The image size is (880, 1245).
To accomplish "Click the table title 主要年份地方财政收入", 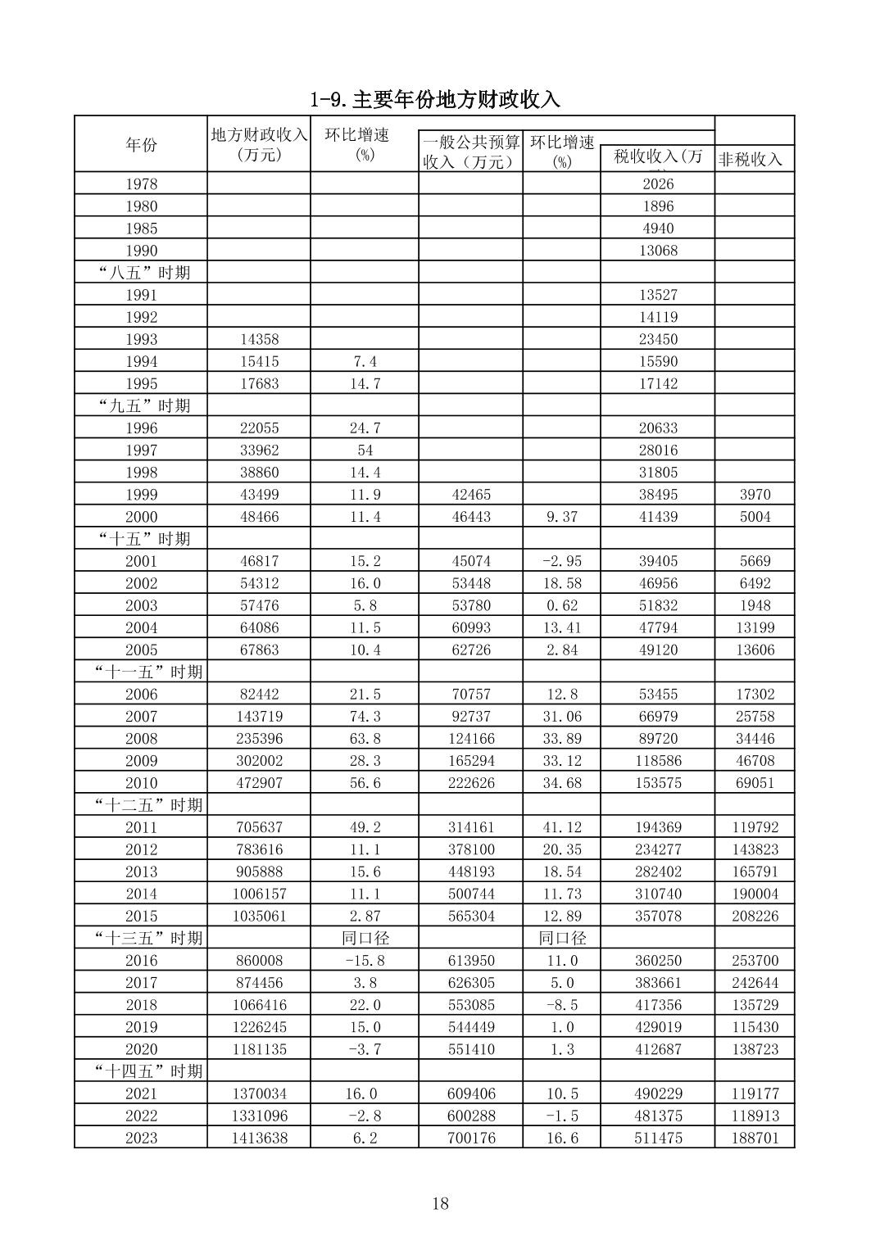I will pyautogui.click(x=435, y=99).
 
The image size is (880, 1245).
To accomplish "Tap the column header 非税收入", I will pyautogui.click(x=750, y=159).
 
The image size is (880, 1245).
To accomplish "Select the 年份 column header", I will pyautogui.click(x=141, y=145).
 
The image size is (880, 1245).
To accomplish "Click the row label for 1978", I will pyautogui.click(x=141, y=184).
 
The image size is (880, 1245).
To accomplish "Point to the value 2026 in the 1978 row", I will pyautogui.click(x=658, y=184).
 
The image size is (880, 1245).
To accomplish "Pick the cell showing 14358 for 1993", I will pyautogui.click(x=259, y=339).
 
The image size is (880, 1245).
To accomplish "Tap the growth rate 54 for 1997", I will pyautogui.click(x=365, y=450).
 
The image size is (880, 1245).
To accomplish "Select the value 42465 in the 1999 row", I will pyautogui.click(x=471, y=495).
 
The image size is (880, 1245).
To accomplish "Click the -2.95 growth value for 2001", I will pyautogui.click(x=561, y=561).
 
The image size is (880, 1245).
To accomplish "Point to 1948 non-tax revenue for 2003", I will pyautogui.click(x=755, y=605).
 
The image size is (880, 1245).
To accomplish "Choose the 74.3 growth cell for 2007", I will pyautogui.click(x=365, y=716).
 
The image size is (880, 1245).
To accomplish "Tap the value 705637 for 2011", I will pyautogui.click(x=259, y=827).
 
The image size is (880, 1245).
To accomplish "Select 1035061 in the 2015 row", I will pyautogui.click(x=259, y=916).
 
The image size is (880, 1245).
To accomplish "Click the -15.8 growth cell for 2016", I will pyautogui.click(x=365, y=960).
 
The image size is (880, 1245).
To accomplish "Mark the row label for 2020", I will pyautogui.click(x=141, y=1049).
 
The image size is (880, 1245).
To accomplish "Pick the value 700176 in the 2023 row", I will pyautogui.click(x=471, y=1138).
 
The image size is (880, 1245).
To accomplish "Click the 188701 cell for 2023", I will pyautogui.click(x=755, y=1138).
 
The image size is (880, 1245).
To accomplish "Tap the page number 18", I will pyautogui.click(x=440, y=1203).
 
